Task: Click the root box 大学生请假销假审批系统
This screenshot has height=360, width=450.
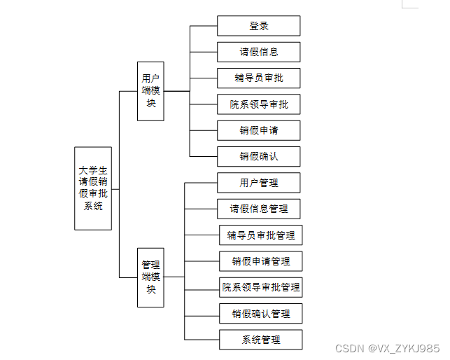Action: point(93,188)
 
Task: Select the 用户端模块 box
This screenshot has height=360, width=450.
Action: point(150,91)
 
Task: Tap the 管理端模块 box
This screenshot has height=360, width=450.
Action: point(150,277)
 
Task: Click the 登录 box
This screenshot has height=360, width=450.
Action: point(259,26)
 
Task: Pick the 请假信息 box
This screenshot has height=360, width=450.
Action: point(259,52)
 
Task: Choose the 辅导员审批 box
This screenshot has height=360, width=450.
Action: point(259,78)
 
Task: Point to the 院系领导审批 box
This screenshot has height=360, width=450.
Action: point(259,104)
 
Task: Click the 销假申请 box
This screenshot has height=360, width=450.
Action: point(259,130)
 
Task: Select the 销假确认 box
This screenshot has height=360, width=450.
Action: point(259,156)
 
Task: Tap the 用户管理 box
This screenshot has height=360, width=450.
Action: point(259,183)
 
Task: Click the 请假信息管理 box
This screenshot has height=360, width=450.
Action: point(259,209)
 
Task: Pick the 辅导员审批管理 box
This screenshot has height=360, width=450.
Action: point(261,235)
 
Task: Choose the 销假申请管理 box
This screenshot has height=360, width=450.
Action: point(261,261)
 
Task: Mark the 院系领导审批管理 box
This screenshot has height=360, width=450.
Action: point(261,287)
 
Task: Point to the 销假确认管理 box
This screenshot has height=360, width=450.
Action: point(261,313)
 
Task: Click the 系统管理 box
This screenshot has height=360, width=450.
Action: point(261,340)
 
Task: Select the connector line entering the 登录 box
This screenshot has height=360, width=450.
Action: point(204,26)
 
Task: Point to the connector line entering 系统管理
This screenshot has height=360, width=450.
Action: point(202,340)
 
